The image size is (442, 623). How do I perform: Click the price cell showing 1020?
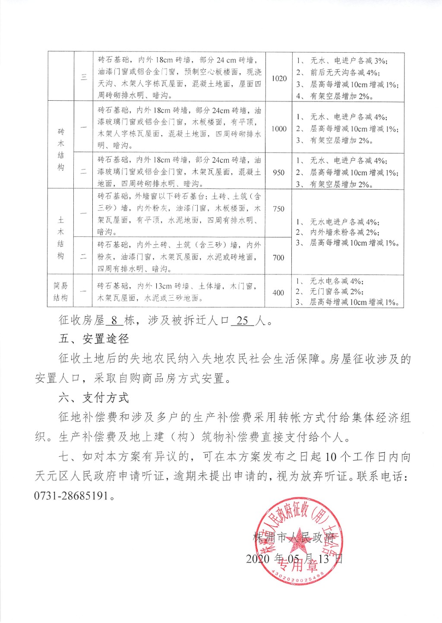279,78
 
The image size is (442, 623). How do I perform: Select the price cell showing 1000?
279,129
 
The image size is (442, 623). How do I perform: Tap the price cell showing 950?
279,172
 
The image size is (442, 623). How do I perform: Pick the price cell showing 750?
279,209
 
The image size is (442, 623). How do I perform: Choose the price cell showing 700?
279,258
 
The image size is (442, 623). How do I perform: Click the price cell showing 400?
279,293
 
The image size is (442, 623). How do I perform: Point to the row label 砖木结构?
61,149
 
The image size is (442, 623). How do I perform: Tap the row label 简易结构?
61,292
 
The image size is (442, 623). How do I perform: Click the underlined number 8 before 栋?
114,321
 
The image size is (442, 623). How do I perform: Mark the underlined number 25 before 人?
243,321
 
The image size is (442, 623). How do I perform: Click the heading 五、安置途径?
94,339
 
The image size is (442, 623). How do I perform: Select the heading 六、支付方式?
94,398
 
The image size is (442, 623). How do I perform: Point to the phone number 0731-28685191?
71,496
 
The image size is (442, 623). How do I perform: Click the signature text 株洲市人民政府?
294,537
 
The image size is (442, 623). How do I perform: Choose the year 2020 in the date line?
258,559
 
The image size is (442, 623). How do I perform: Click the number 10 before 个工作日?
331,457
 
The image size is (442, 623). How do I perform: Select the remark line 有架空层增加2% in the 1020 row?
341,96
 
